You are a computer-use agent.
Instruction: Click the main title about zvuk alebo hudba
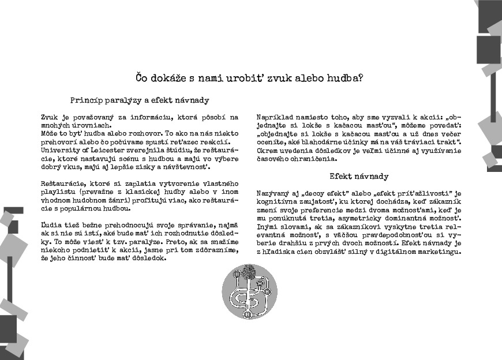pos(249,77)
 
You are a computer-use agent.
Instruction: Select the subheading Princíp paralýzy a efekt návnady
pos(140,100)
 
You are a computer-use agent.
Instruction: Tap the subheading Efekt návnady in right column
pos(359,177)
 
